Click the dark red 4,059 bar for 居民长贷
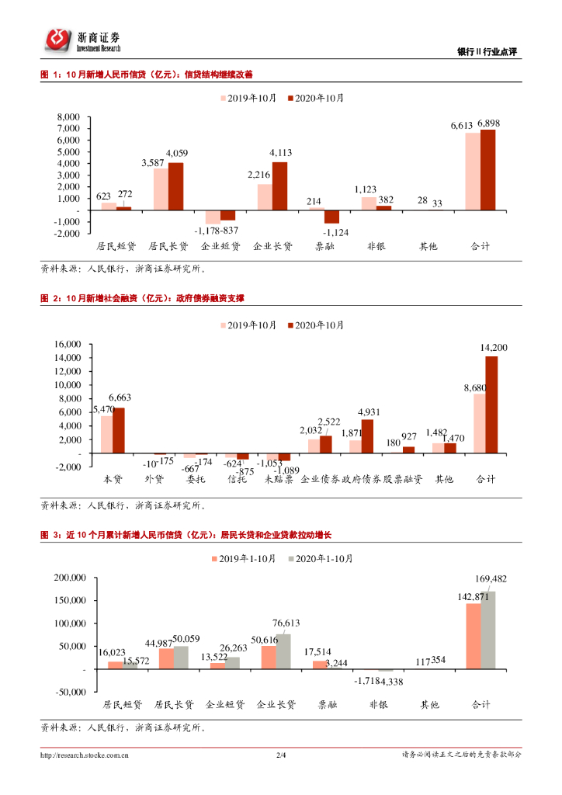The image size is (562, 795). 175,186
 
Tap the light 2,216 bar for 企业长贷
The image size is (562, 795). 265,196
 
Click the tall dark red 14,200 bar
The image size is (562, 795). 491,404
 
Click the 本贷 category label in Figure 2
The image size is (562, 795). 113,480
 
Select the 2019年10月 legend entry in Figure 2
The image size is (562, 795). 250,325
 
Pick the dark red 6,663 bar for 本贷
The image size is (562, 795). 119,430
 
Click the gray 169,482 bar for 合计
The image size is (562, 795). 488,630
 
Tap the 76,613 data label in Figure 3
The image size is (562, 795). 286,623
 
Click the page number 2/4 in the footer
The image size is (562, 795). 281,754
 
